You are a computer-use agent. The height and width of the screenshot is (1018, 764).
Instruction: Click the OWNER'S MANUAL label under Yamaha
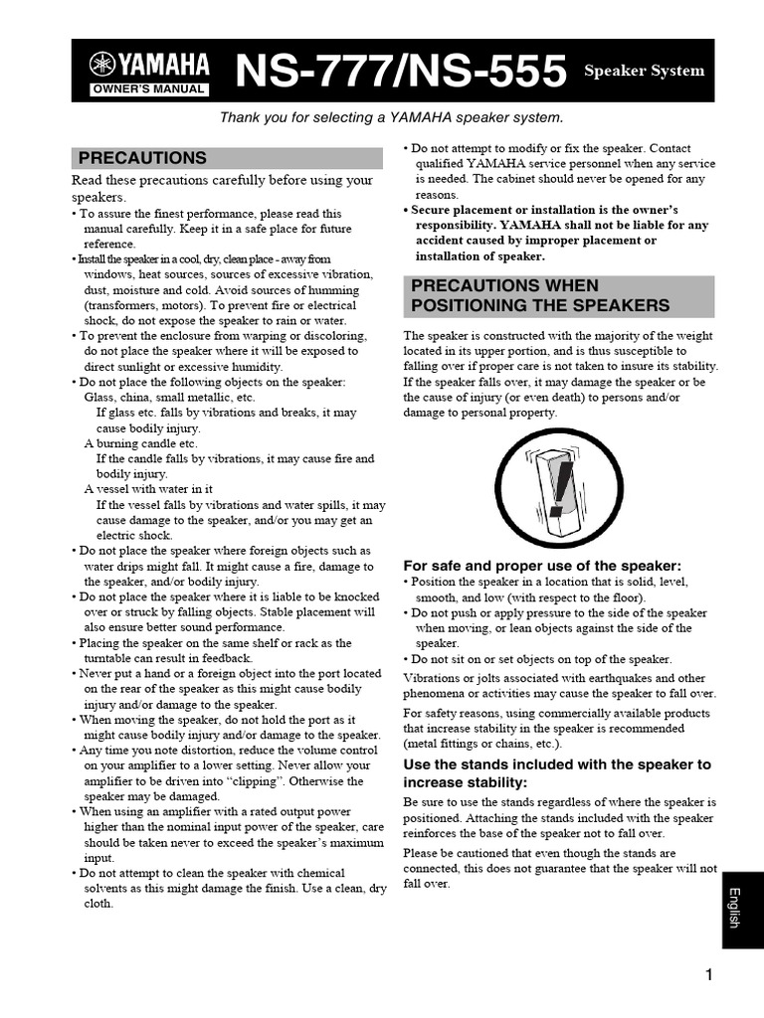point(149,89)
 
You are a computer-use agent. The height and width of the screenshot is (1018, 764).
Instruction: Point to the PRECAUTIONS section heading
point(142,158)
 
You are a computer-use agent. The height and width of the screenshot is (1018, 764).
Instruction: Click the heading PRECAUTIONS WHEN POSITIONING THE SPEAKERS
point(540,295)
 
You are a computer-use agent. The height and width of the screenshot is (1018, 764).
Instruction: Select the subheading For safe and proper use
point(542,565)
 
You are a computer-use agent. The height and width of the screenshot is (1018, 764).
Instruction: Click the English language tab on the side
point(735,907)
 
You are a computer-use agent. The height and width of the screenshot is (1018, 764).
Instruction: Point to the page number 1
point(709,975)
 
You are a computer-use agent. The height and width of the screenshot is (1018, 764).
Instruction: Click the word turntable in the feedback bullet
point(112,658)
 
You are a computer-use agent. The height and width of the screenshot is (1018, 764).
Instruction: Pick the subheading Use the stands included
point(557,773)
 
